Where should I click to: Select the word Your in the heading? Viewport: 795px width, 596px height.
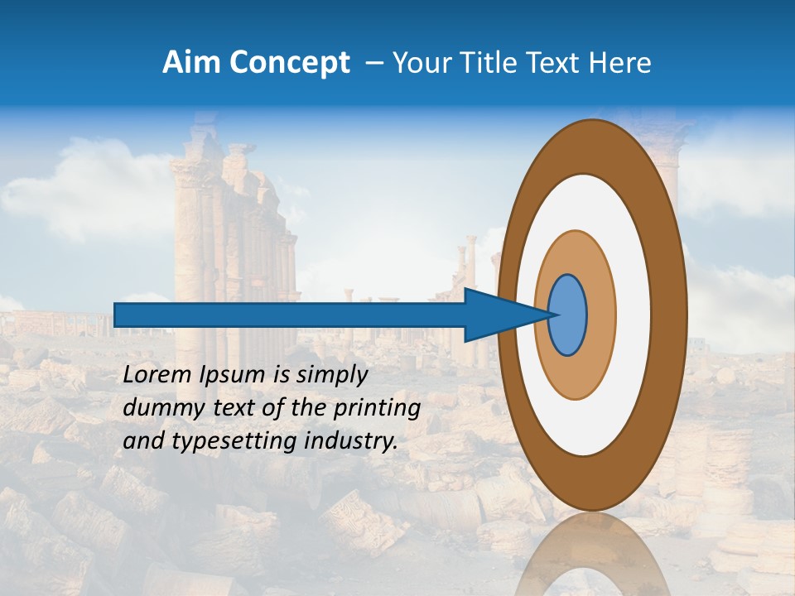click(x=420, y=63)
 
